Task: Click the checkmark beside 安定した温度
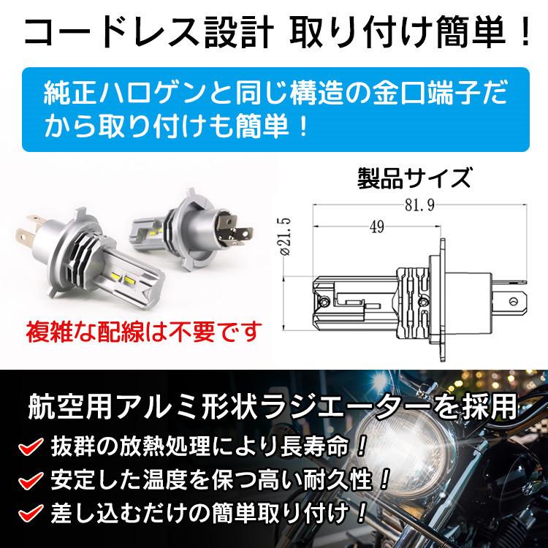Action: click(26, 482)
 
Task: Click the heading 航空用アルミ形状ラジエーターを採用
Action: click(274, 406)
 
